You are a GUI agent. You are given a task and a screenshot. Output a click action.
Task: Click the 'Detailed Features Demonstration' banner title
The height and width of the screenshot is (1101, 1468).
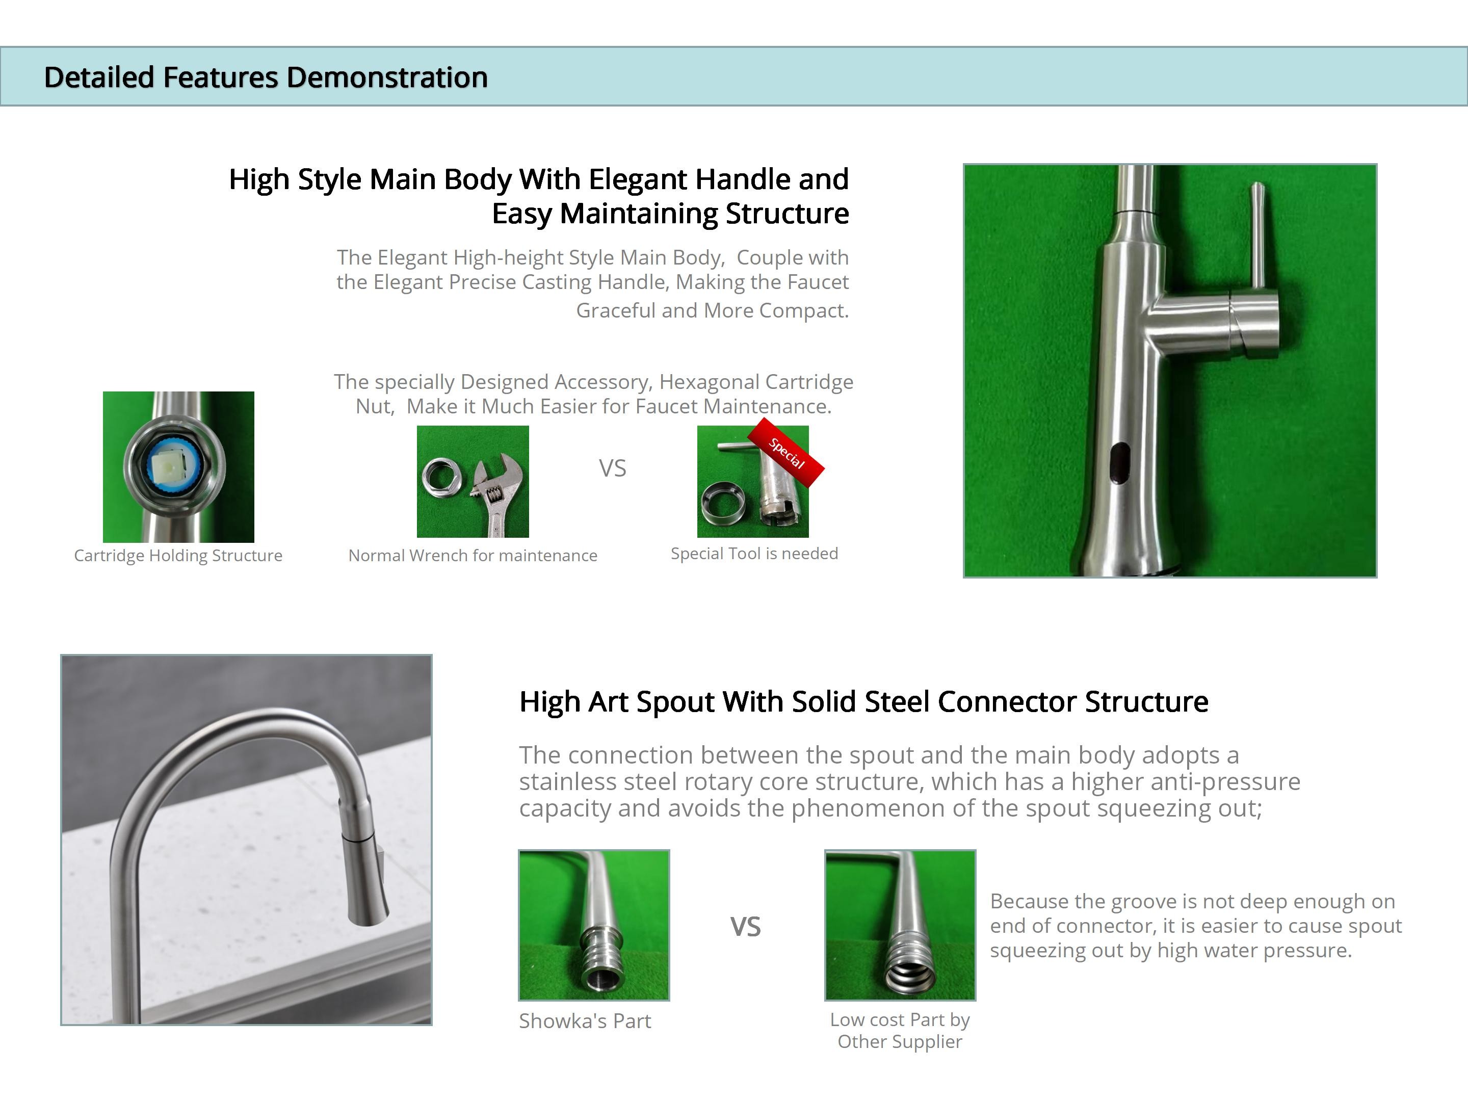(x=266, y=77)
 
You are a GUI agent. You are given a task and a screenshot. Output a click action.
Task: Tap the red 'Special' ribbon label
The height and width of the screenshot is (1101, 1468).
(x=786, y=453)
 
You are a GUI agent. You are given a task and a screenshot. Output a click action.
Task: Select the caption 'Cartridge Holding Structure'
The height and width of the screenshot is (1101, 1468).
(x=178, y=556)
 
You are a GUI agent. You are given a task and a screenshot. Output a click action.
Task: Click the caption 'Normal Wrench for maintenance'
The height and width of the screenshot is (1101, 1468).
(x=473, y=556)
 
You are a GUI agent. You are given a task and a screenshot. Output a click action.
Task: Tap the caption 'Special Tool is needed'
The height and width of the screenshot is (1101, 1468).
(x=754, y=554)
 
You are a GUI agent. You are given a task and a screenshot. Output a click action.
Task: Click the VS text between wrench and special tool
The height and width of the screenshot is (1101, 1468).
(x=613, y=468)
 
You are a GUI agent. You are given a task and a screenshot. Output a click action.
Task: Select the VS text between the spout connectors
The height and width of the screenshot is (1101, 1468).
(x=745, y=927)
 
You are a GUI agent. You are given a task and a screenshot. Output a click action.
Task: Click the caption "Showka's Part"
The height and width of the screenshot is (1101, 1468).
(x=585, y=1020)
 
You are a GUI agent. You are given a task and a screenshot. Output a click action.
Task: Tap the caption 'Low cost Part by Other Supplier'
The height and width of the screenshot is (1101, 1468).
(x=900, y=1031)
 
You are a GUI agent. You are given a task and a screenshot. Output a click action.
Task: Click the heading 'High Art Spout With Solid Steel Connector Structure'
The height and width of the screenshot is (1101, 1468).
(x=863, y=701)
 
